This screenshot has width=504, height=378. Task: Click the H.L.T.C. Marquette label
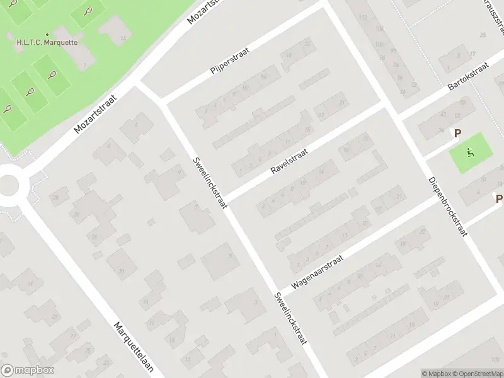coord(47,43)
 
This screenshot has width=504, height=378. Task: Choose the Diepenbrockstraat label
coord(448,205)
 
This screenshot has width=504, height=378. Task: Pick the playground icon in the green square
coord(470,152)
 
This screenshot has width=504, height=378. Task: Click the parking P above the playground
coord(458,134)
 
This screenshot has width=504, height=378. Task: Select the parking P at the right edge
coord(498,199)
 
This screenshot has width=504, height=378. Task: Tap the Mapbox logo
coord(28,370)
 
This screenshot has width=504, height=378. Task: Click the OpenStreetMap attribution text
coord(476,374)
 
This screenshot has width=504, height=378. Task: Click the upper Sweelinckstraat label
coord(207,178)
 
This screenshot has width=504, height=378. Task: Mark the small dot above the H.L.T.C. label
coord(47,35)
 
